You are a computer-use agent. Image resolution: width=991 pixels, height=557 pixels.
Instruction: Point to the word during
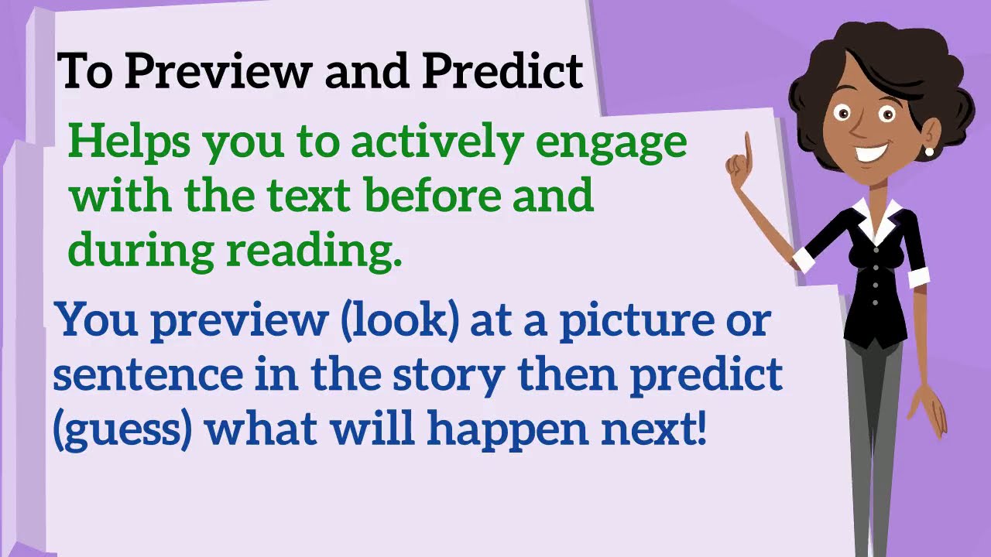[x=139, y=249]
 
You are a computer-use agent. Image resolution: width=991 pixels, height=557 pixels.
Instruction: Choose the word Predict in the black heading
[x=502, y=71]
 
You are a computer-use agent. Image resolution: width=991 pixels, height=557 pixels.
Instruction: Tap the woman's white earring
[x=929, y=152]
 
